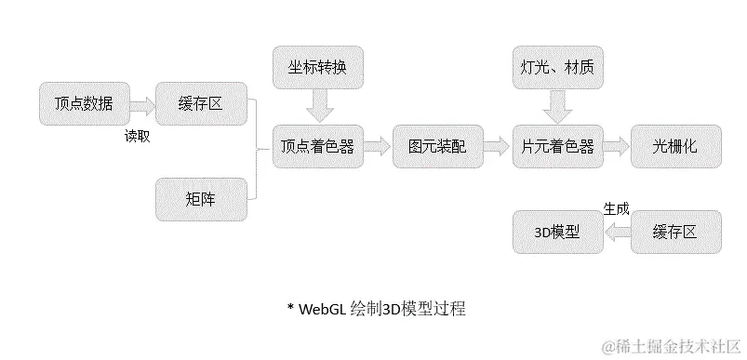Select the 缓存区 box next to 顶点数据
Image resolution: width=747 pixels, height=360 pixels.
[200, 103]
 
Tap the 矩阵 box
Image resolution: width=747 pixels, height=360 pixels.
[200, 197]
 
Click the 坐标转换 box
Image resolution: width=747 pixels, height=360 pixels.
[317, 68]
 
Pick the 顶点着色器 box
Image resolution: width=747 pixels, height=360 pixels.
[317, 146]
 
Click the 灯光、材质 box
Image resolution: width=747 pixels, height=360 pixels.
[557, 68]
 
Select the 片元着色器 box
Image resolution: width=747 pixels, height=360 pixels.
[557, 146]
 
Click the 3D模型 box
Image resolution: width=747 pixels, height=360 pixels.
[557, 232]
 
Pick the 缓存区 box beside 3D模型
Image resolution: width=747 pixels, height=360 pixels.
[676, 232]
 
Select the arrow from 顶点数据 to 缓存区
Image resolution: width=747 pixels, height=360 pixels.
[142, 103]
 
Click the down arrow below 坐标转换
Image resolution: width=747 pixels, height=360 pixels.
[318, 107]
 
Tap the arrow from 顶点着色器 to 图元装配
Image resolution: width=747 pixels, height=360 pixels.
[378, 146]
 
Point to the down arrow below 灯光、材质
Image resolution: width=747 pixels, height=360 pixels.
[557, 107]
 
